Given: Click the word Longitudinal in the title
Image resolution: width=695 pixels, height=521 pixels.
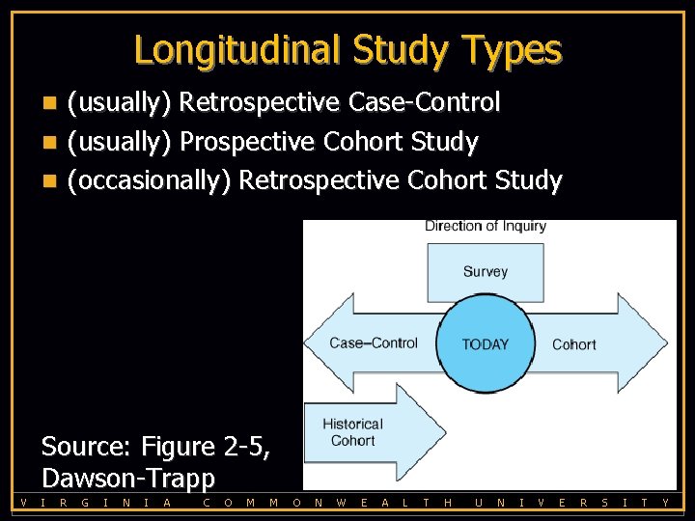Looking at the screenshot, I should (237, 49).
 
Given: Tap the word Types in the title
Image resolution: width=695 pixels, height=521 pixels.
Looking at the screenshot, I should (512, 49).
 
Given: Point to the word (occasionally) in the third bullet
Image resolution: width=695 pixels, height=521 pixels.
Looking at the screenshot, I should (149, 180).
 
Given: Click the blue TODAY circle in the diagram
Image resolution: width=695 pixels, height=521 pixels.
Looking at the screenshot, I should (485, 343).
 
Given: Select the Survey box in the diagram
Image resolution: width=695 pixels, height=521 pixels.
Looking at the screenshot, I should (485, 272).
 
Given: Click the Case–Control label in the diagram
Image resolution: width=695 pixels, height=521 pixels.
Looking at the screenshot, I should (374, 343).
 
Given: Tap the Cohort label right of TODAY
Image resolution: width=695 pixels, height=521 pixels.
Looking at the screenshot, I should (573, 344).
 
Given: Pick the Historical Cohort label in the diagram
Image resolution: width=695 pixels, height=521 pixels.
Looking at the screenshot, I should (352, 432).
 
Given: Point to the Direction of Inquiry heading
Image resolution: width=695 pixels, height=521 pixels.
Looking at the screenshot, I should (486, 227).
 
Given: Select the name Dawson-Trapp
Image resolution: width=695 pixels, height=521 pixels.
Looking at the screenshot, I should (128, 478).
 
